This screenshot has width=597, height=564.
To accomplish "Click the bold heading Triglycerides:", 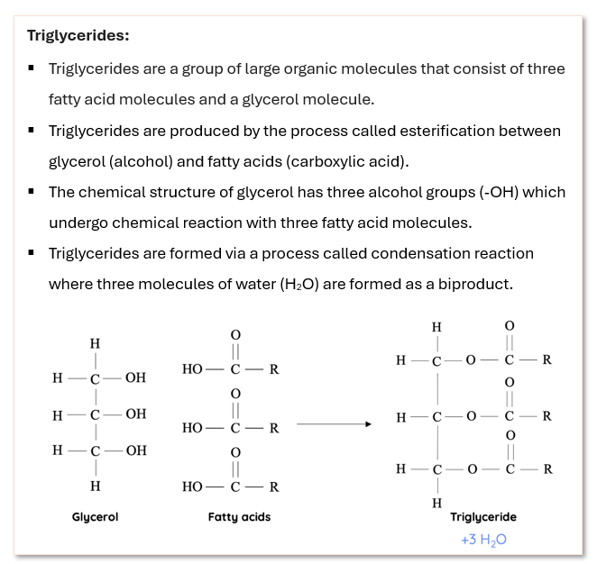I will coord(78,36).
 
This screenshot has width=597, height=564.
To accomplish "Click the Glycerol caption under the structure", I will coord(95,517).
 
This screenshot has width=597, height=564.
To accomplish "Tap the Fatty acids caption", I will coord(239,517).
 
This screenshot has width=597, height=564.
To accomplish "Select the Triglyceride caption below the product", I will coord(483,517).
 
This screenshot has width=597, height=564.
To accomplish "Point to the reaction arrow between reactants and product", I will coord(334,423).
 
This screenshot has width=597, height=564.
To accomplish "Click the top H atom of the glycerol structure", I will coord(95,344).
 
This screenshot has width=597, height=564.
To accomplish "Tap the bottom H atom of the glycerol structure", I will coord(95,486).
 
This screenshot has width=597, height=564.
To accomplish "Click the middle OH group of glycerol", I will coord(135,414).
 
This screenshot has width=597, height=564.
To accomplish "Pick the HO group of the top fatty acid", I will coord(192,369).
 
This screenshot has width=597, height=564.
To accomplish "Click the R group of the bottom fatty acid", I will coord(273,487).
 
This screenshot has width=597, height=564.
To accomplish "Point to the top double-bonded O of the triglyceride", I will coord(510,325).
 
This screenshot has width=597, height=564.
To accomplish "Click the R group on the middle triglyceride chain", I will coord(546,417).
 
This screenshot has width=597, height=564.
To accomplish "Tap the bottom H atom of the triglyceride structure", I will coord(436,503).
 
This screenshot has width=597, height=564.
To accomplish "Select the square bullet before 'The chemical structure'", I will coord(32,192).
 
